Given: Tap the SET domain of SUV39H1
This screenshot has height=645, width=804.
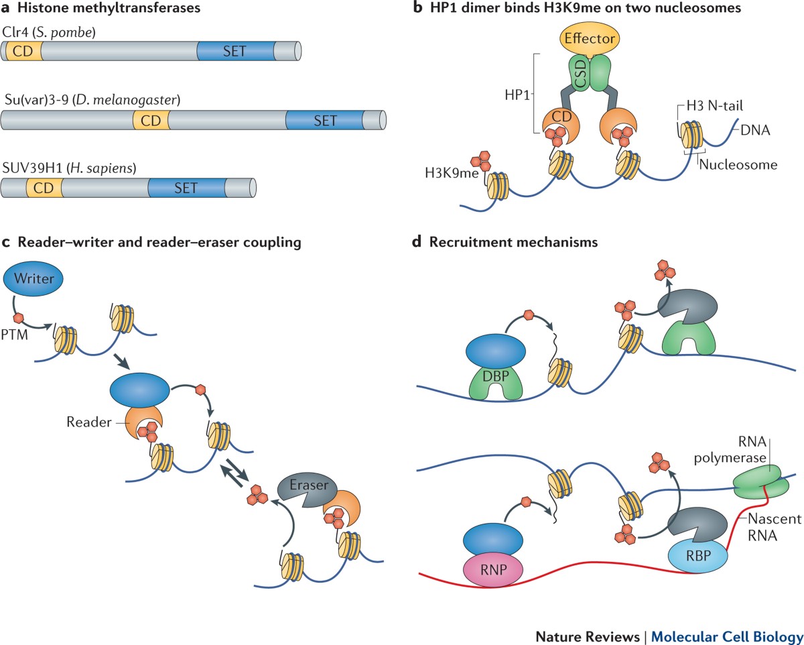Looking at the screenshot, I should (186, 188).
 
